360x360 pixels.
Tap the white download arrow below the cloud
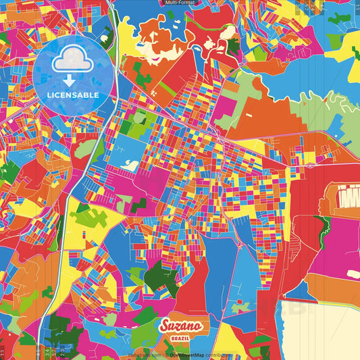(x=72, y=80)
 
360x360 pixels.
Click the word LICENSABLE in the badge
(x=72, y=95)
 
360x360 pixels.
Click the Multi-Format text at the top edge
(x=180, y=3)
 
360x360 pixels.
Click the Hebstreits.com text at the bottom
(x=145, y=354)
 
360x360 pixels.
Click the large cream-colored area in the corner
(x=324, y=331)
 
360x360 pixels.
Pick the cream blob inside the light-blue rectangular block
(x=130, y=165)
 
